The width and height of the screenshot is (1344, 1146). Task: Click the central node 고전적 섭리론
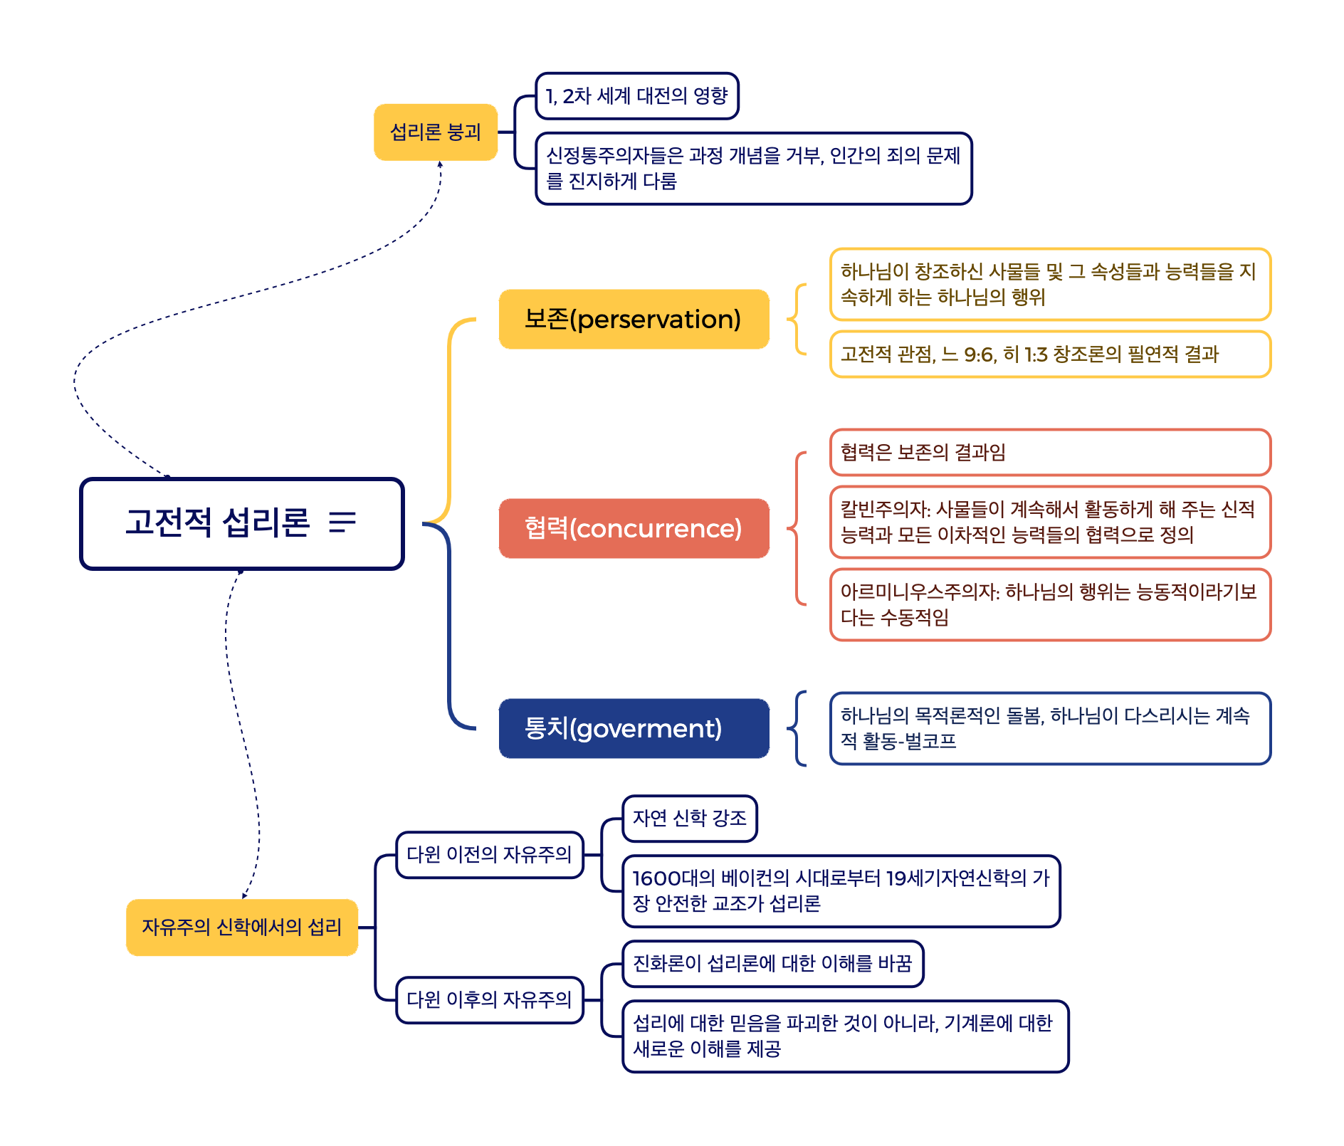pos(217,522)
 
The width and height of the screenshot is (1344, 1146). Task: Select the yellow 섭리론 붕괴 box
pos(435,132)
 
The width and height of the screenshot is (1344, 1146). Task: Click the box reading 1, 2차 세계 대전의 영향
pos(636,96)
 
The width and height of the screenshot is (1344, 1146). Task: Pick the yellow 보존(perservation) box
pos(634,320)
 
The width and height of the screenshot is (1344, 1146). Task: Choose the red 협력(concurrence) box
pos(634,529)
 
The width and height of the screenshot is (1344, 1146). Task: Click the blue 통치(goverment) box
pos(634,729)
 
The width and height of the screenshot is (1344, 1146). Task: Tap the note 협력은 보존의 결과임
pos(1050,453)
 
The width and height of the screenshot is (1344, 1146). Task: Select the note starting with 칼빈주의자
pos(1050,522)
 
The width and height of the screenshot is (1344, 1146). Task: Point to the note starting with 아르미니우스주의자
pos(1050,604)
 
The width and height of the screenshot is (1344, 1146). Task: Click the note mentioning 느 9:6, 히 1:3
pos(1050,354)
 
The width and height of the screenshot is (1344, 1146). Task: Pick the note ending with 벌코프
pos(1050,728)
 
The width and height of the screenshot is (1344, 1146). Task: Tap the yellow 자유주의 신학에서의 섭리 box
pos(241,927)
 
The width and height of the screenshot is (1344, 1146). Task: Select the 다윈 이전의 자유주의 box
pos(489,855)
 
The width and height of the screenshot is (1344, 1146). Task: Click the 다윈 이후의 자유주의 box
pos(489,1000)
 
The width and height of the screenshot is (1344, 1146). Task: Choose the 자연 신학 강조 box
pos(689,819)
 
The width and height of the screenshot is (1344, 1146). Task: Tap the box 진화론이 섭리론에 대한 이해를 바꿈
pos(772,964)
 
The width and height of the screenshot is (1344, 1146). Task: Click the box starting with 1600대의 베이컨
pos(841,891)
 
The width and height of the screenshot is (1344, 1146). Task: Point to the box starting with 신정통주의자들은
pos(753,169)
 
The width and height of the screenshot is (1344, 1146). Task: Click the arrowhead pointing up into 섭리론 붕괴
pos(440,164)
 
